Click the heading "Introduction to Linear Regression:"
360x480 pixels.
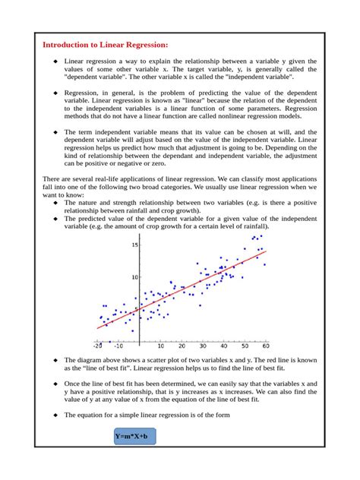(105, 46)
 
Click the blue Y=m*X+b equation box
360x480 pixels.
(131, 437)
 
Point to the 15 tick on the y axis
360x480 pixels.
(134, 245)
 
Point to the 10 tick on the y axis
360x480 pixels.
(134, 278)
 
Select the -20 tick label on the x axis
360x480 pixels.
(98, 346)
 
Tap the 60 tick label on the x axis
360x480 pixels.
(264, 346)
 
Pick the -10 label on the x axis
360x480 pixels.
(118, 346)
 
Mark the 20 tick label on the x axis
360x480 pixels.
(181, 346)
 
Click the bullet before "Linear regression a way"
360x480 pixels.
(55, 61)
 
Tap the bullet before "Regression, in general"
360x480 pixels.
(55, 91)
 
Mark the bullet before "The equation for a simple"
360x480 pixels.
(55, 415)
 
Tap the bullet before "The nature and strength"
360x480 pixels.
(55, 204)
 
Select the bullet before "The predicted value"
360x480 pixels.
(55, 219)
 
